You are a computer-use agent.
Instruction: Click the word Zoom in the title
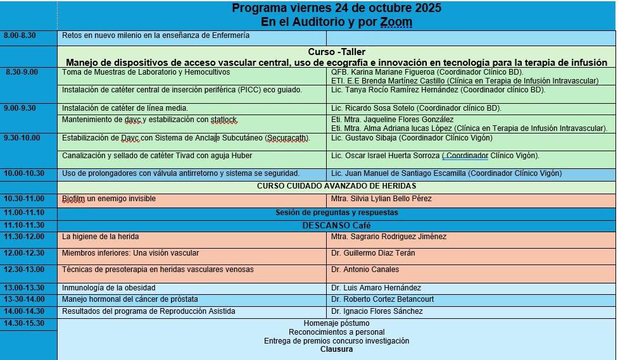coord(396,22)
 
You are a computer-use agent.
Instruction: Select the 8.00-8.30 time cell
coord(20,35)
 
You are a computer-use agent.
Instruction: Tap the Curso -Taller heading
coord(336,52)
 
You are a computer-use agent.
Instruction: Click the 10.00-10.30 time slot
coord(25,173)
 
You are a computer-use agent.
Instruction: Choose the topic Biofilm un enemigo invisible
coord(109,199)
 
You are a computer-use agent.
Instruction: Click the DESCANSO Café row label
coord(336,225)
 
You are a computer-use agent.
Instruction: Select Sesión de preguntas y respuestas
coord(336,213)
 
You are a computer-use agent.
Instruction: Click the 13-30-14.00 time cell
coord(25,299)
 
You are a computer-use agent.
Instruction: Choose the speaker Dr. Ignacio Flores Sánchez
coord(377,311)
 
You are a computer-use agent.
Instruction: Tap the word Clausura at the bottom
coord(336,349)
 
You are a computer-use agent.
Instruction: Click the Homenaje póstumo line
coord(336,323)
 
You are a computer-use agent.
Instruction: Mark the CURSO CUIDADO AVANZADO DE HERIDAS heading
coord(336,185)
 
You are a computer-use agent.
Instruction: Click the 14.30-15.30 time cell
coord(25,323)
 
